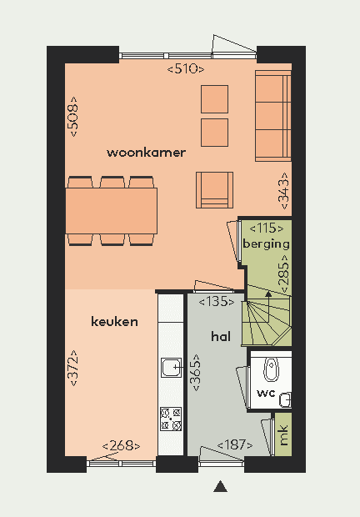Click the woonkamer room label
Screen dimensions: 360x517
tap(146, 153)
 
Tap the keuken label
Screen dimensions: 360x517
tap(114, 322)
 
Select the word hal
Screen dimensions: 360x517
tap(221, 336)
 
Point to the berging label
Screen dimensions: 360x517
tap(266, 244)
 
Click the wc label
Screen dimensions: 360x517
tap(266, 393)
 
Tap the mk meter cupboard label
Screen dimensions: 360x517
tap(283, 435)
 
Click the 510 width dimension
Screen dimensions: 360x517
tap(186, 69)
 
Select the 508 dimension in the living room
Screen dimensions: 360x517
tap(73, 117)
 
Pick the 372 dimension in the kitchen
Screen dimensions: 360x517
tap(73, 368)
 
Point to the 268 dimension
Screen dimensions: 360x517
tap(121, 446)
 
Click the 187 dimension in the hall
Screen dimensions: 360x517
tap(235, 444)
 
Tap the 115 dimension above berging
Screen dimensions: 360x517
tap(267, 228)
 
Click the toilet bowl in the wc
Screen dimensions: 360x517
tap(272, 369)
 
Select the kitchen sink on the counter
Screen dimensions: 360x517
tap(172, 368)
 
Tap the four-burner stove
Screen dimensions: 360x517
tap(171, 419)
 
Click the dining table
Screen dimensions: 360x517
tap(112, 211)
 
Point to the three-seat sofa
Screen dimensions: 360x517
tap(273, 116)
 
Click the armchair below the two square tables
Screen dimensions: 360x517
tap(214, 190)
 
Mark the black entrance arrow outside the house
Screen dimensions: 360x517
tap(220, 487)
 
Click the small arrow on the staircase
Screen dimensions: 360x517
tap(268, 294)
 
